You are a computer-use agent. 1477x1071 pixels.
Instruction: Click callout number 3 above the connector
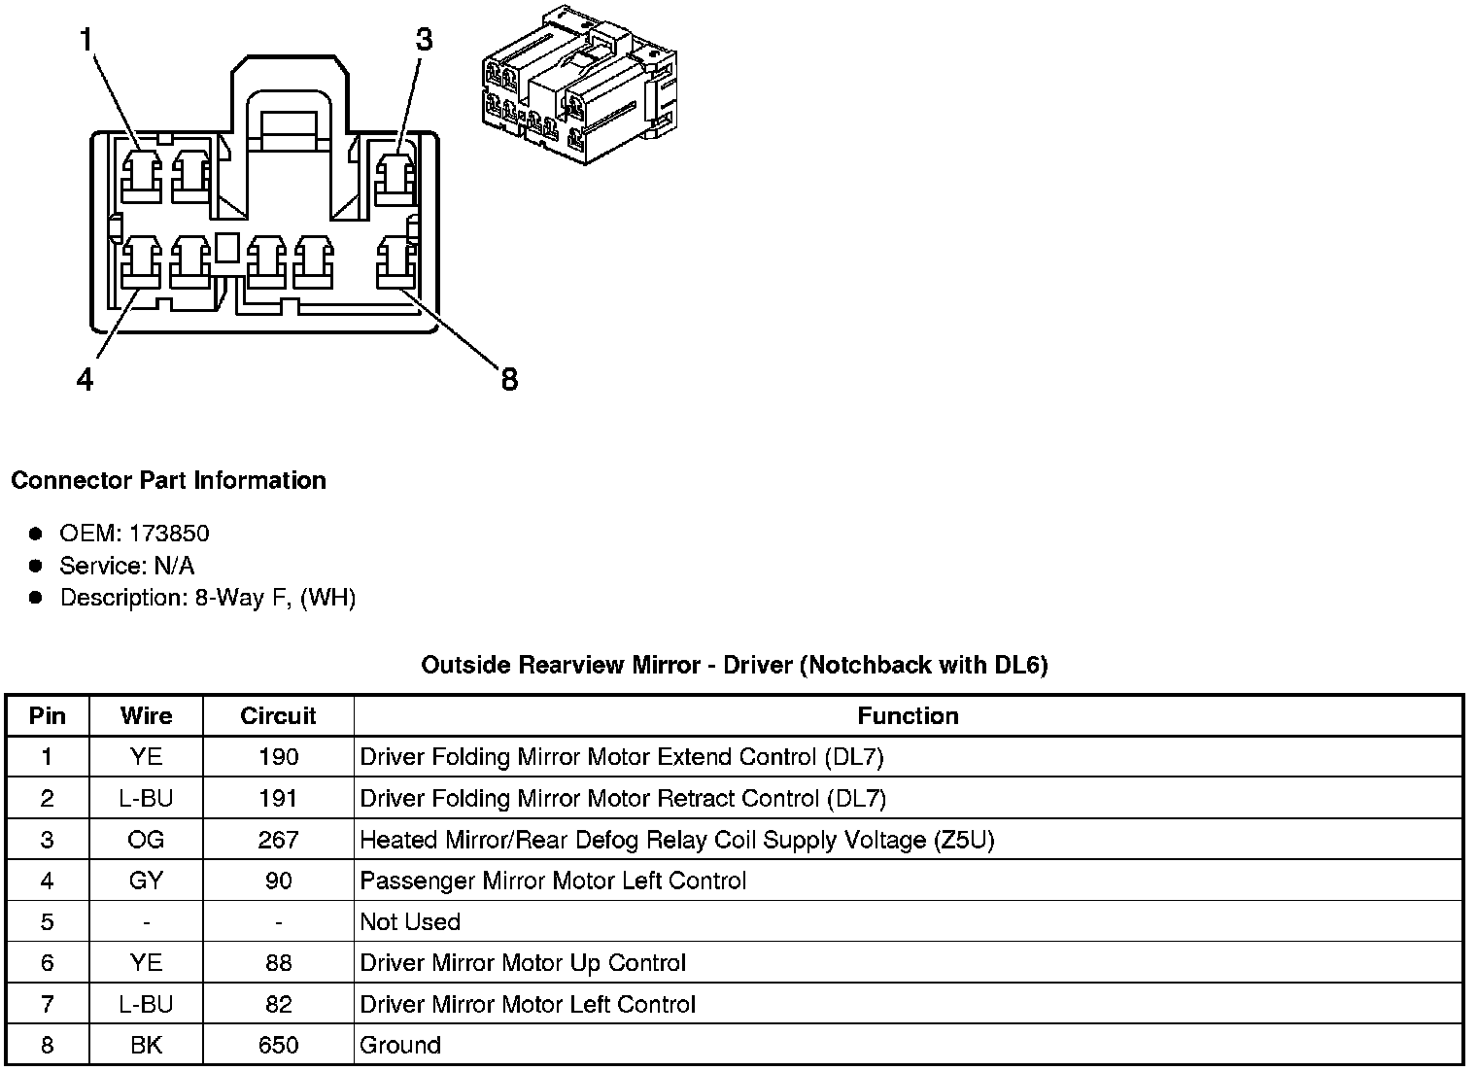[x=424, y=40]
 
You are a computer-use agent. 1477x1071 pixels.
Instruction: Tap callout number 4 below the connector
[x=86, y=379]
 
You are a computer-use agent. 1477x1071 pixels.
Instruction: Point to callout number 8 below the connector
[x=509, y=379]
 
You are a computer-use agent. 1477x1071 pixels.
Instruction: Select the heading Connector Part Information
[x=168, y=480]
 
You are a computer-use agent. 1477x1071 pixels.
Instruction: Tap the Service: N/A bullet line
[x=126, y=565]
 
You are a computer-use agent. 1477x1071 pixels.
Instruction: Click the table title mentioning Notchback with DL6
[x=734, y=665]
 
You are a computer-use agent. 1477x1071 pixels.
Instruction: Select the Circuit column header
[x=278, y=716]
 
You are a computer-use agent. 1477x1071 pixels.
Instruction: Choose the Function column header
[x=908, y=716]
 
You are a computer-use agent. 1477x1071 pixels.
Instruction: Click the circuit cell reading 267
[x=278, y=840]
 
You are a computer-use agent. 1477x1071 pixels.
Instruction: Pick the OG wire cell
[x=146, y=840]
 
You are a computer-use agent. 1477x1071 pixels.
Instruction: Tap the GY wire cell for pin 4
[x=146, y=881]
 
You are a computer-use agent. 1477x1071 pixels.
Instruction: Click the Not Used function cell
[x=410, y=921]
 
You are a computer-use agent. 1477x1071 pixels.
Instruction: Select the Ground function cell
[x=400, y=1045]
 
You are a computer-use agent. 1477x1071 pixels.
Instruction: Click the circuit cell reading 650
[x=278, y=1045]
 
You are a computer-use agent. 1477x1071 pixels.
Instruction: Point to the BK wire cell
[x=146, y=1045]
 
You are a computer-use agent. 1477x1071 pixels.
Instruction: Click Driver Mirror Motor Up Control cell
[x=523, y=963]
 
